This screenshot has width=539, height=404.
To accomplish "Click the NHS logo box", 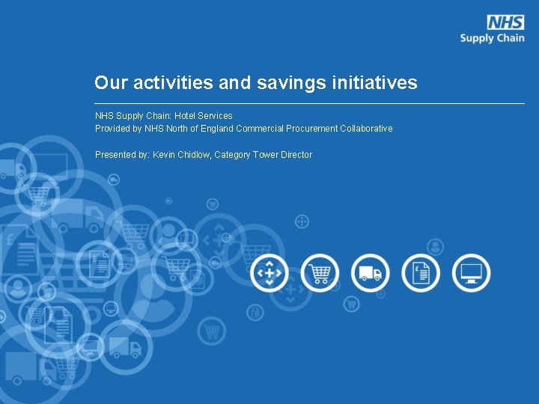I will click(x=505, y=22).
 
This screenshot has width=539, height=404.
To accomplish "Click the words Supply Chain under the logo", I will click(x=492, y=37).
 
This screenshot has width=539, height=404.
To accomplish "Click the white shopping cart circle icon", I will click(x=320, y=273).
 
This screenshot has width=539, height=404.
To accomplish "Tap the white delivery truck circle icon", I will click(x=370, y=273).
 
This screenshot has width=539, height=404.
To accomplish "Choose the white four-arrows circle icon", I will click(x=269, y=273).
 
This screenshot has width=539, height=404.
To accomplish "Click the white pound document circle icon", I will click(x=421, y=273).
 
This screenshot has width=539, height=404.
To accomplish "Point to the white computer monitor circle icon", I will click(x=472, y=273).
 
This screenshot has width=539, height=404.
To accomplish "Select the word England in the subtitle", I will click(x=217, y=129).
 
